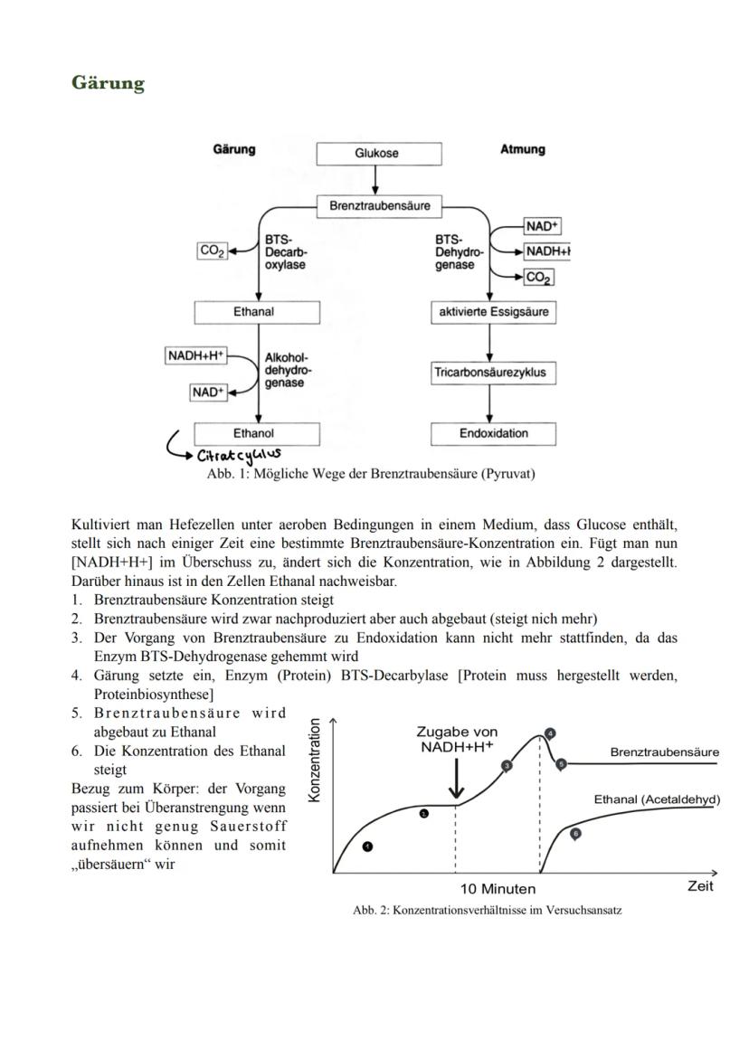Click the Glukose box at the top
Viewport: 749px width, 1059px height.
379,153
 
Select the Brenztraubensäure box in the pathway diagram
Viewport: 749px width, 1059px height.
379,205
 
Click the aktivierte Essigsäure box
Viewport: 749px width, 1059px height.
493,312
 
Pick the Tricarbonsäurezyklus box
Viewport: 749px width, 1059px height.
493,373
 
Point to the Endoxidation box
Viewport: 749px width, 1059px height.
493,433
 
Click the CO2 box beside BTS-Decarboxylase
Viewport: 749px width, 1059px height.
212,251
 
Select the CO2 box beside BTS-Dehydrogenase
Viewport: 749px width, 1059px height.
539,278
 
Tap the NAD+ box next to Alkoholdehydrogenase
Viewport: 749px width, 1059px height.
207,392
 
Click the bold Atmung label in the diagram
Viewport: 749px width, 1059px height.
522,149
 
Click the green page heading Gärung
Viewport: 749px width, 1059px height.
108,83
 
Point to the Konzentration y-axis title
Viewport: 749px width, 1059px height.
315,759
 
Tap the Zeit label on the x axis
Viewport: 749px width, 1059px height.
699,886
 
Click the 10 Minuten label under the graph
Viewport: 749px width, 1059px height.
498,889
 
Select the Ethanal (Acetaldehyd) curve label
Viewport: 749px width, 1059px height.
656,800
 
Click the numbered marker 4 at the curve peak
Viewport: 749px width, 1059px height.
550,733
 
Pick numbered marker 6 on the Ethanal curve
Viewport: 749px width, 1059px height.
575,833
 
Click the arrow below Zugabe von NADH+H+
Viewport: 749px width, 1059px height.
456,777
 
